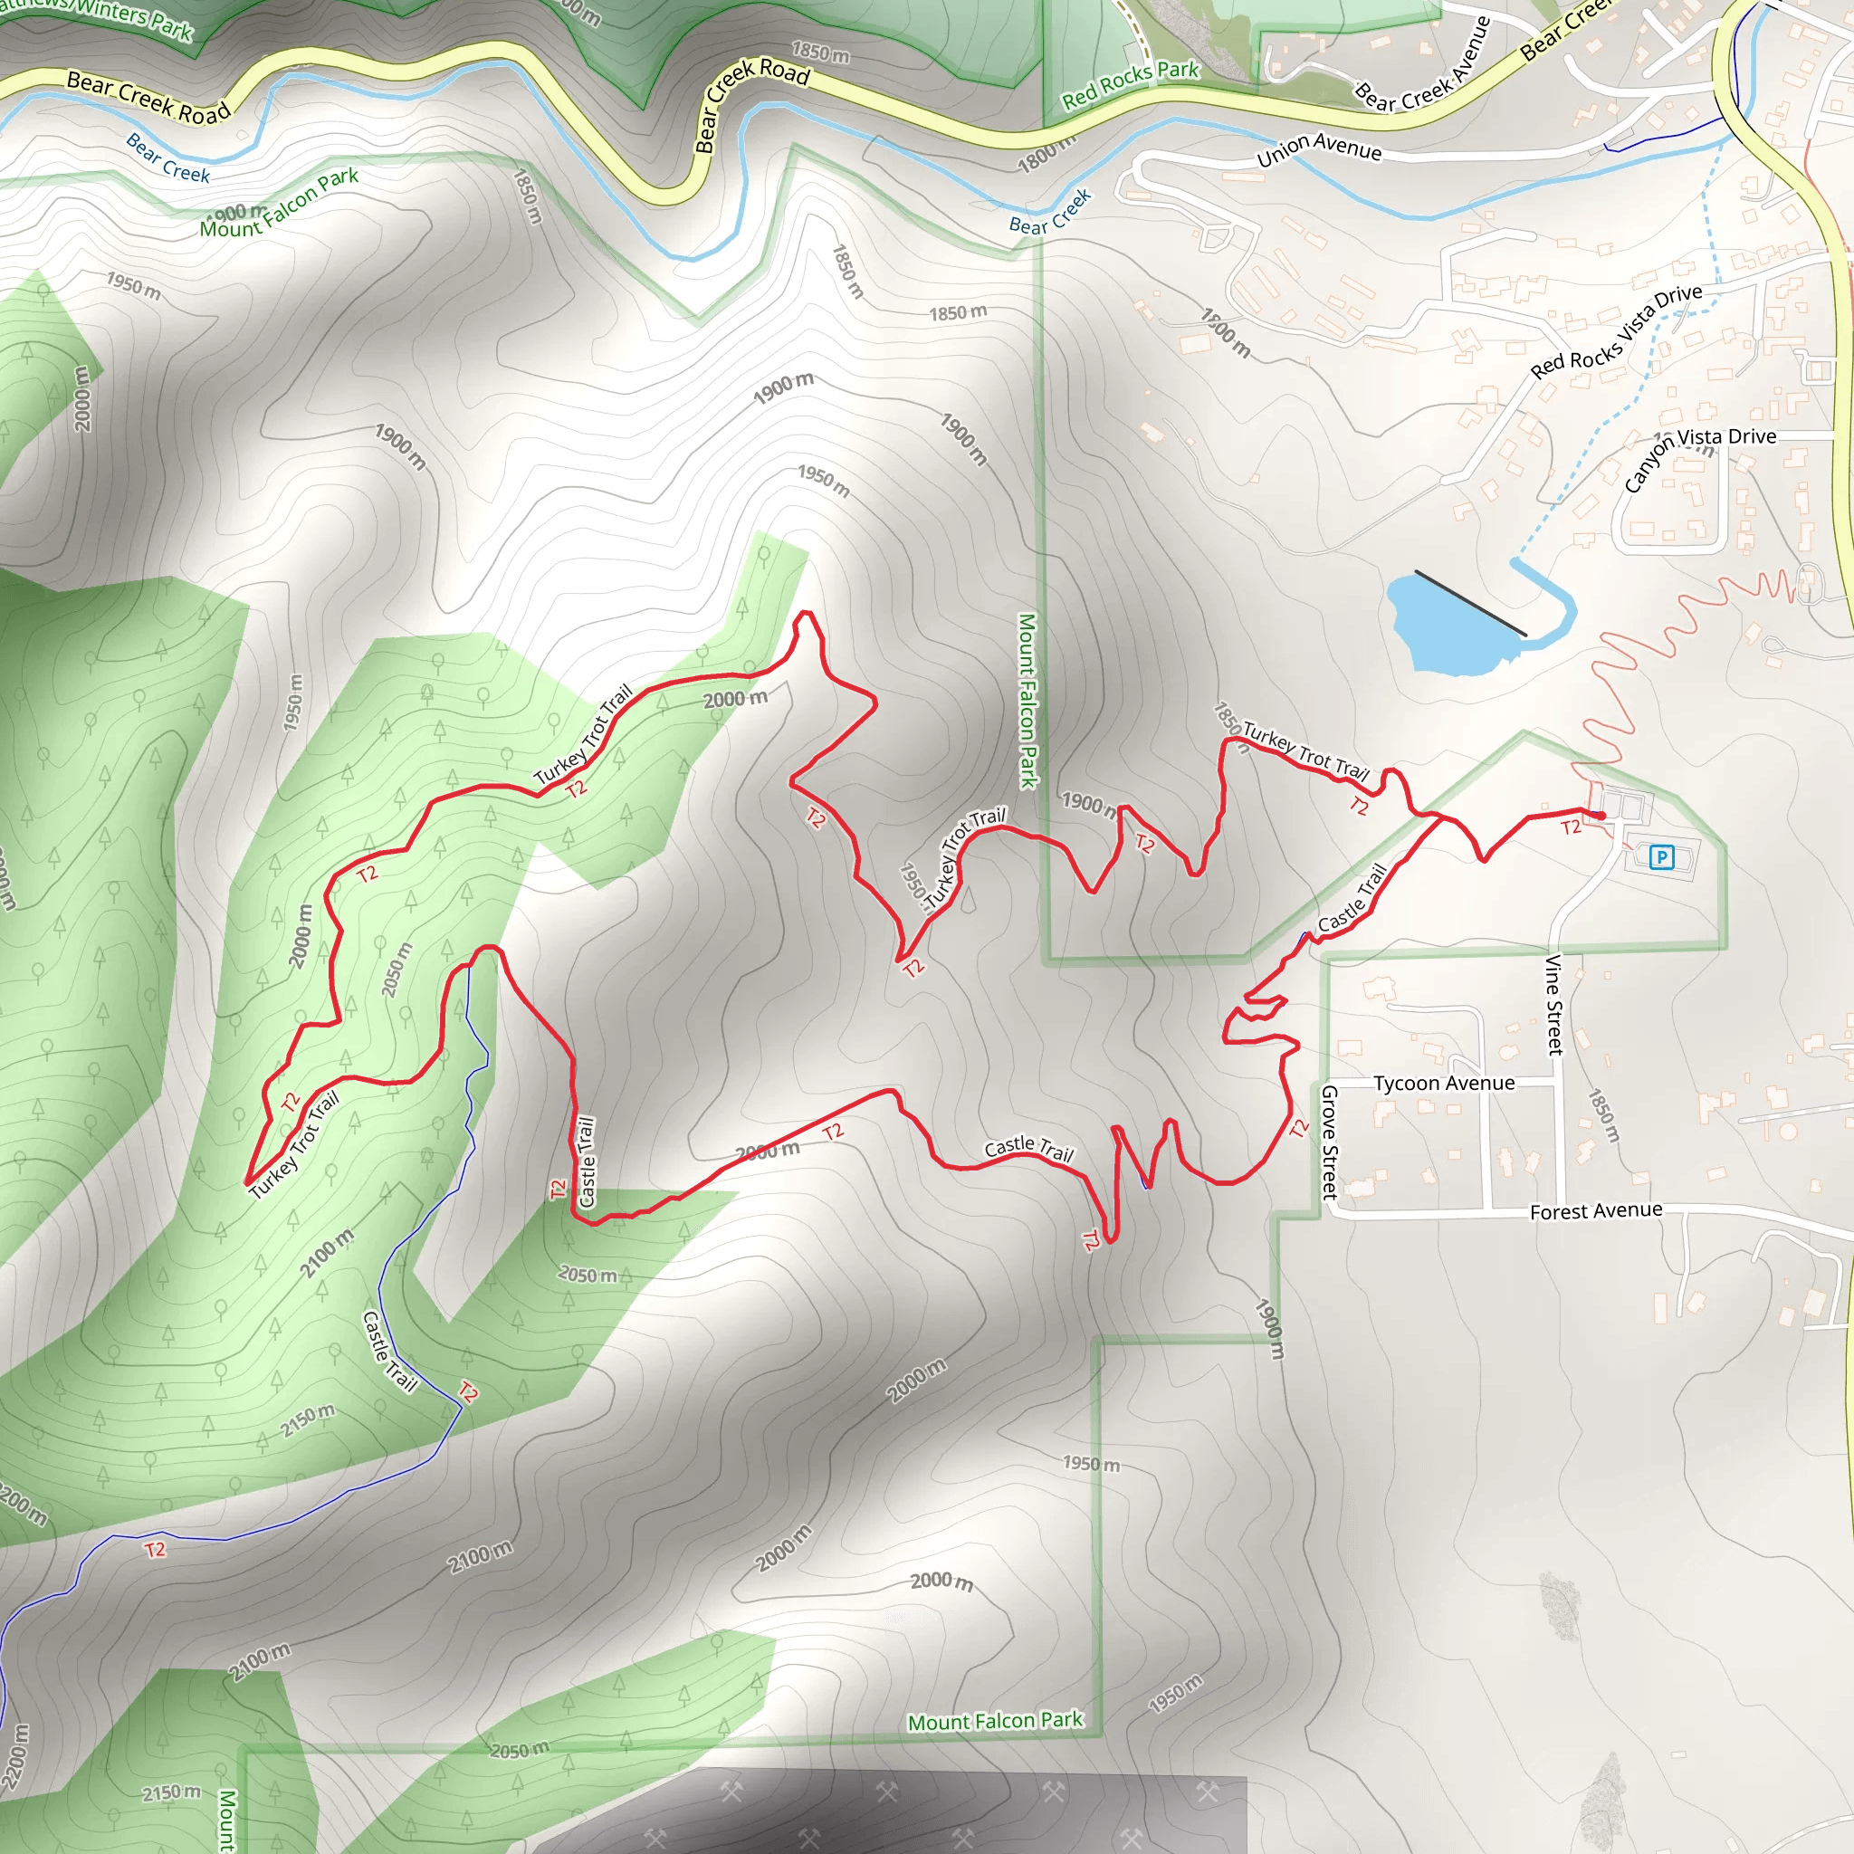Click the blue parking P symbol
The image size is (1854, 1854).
click(x=1661, y=857)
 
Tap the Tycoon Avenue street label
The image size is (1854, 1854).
click(x=1443, y=1084)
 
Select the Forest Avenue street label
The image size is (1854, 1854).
click(x=1595, y=1211)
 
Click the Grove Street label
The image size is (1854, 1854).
click(x=1330, y=1141)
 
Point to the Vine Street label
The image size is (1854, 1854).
click(x=1553, y=1005)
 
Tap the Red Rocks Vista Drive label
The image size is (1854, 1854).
click(x=1616, y=331)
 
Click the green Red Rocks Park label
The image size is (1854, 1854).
click(x=1130, y=84)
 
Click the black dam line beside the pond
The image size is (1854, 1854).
click(x=1470, y=603)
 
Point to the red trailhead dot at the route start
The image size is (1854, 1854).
click(x=1601, y=816)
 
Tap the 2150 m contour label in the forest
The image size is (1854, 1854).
click(x=307, y=1420)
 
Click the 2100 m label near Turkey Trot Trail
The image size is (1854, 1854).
click(x=326, y=1252)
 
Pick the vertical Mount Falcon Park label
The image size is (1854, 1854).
click(x=1027, y=701)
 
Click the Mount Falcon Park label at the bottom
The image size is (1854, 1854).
click(x=995, y=1721)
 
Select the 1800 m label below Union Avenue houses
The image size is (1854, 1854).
click(x=1226, y=332)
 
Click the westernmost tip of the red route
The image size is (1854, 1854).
click(x=247, y=1183)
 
